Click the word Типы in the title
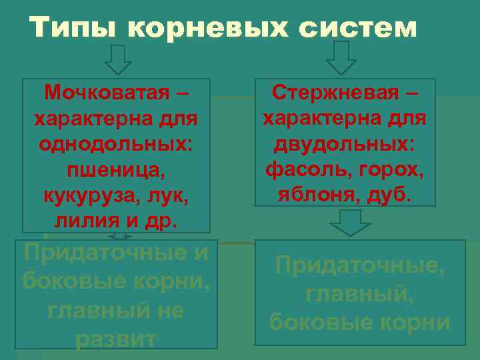coord(72,27)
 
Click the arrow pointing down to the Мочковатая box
coord(118,59)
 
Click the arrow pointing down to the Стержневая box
coord(342,58)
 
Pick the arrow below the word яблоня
coord(350,223)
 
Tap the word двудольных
coord(344,143)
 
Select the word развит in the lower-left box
coord(116,339)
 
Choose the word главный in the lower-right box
coord(359,294)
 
